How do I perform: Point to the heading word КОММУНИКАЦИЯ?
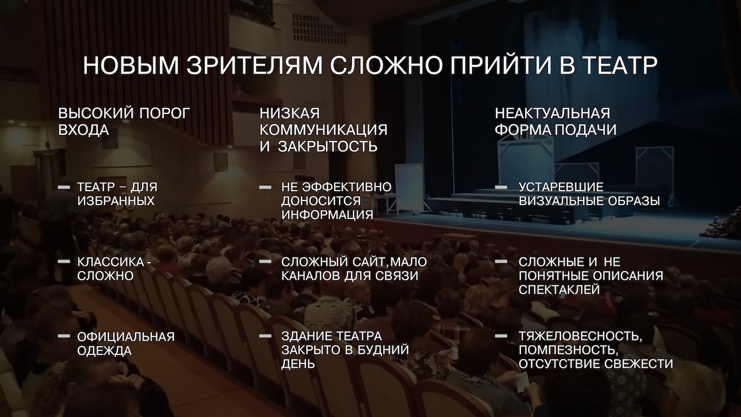[x=323, y=130]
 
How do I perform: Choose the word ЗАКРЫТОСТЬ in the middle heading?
[x=327, y=147]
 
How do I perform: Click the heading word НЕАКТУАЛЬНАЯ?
[x=552, y=113]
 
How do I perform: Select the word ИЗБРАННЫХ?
[x=116, y=202]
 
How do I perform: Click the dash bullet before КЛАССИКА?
[x=64, y=262]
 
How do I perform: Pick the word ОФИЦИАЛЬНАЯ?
[x=126, y=336]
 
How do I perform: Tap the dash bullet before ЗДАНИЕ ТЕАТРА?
[x=265, y=336]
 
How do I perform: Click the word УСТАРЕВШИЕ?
[x=561, y=187]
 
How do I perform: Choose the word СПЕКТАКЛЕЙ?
[x=559, y=290]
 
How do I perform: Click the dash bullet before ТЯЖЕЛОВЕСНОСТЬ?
[x=501, y=336]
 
